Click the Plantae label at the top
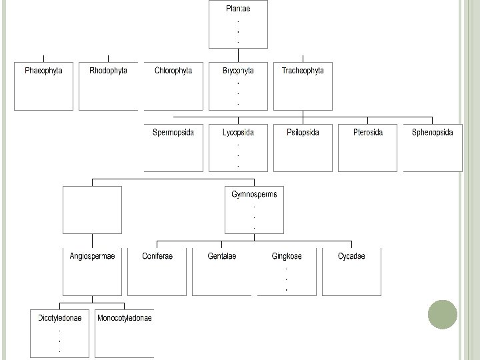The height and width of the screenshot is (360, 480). pos(239,9)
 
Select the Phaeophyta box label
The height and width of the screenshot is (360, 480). pos(43,70)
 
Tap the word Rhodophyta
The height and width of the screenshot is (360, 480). pos(108,70)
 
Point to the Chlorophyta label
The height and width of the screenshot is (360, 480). pos(173,70)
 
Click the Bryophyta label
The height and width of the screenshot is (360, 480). pos(238,70)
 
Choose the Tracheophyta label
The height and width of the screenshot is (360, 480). pos(303,70)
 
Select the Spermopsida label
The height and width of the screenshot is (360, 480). pos(173,132)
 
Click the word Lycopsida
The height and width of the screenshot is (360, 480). pos(238,132)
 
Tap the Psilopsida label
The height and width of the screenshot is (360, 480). pos(303,132)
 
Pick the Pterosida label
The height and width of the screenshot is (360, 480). pos(368,132)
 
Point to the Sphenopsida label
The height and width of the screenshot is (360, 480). pos(433,132)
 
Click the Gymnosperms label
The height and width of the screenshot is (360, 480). pos(254,194)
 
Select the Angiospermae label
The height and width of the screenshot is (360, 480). pos(92,256)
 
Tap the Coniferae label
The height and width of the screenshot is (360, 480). pos(157,256)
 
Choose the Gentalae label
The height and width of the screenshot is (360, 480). pos(222,256)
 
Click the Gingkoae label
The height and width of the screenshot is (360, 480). pos(287,256)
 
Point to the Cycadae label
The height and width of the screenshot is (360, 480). pos(351,256)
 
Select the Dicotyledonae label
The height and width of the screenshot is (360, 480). pos(60,318)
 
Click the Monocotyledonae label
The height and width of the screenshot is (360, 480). pos(125,318)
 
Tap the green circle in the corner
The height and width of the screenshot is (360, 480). pos(441,314)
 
